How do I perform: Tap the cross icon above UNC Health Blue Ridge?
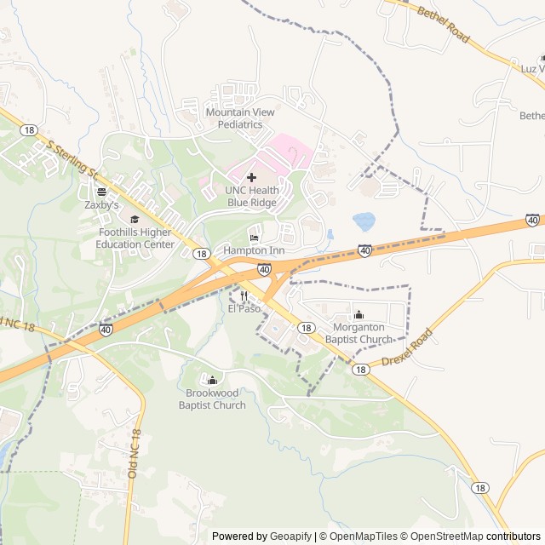click(x=251, y=176)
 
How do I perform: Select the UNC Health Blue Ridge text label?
click(x=251, y=196)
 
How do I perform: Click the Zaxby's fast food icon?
click(x=101, y=192)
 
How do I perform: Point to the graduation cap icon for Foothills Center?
click(x=135, y=220)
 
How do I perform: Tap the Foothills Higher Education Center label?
click(x=135, y=238)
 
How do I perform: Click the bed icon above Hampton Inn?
click(x=254, y=237)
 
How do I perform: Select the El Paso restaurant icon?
click(x=244, y=295)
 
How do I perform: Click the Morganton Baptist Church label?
click(x=363, y=333)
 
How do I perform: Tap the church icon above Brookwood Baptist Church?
click(x=212, y=380)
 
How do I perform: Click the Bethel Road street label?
click(x=443, y=25)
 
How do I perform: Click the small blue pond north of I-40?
click(x=364, y=221)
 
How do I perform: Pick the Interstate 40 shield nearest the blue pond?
click(x=364, y=250)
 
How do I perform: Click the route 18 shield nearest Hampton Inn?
click(x=201, y=254)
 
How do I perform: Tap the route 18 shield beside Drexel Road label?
click(x=361, y=370)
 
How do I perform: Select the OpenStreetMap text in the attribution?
click(x=447, y=536)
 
